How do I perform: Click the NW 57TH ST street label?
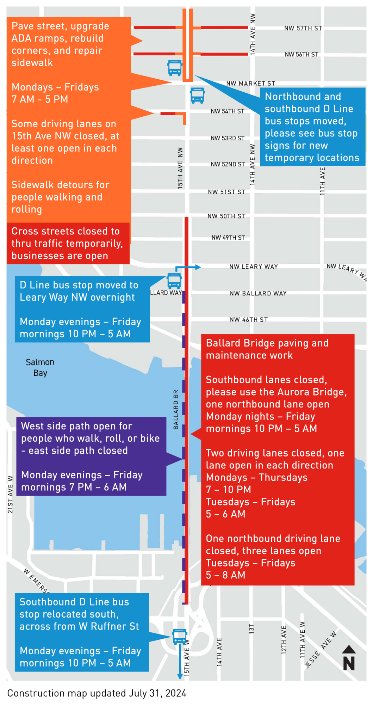tap(303, 28)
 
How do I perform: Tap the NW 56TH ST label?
tap(301, 54)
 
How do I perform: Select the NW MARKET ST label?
tap(250, 84)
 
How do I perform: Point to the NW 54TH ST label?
tap(228, 111)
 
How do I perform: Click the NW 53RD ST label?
tap(228, 138)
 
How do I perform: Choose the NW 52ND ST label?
tap(228, 164)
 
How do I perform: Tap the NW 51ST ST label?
tap(226, 192)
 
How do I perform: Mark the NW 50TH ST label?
tap(226, 216)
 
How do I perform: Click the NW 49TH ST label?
tap(228, 238)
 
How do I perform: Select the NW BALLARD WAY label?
tap(258, 293)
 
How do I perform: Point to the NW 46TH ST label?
tap(249, 320)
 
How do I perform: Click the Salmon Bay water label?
tap(40, 367)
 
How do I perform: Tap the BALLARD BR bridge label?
tap(176, 409)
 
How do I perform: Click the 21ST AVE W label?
tap(10, 494)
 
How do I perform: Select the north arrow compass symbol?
tap(349, 658)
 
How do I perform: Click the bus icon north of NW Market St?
tap(175, 68)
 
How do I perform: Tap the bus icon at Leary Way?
tap(174, 281)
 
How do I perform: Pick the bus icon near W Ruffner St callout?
tap(180, 637)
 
